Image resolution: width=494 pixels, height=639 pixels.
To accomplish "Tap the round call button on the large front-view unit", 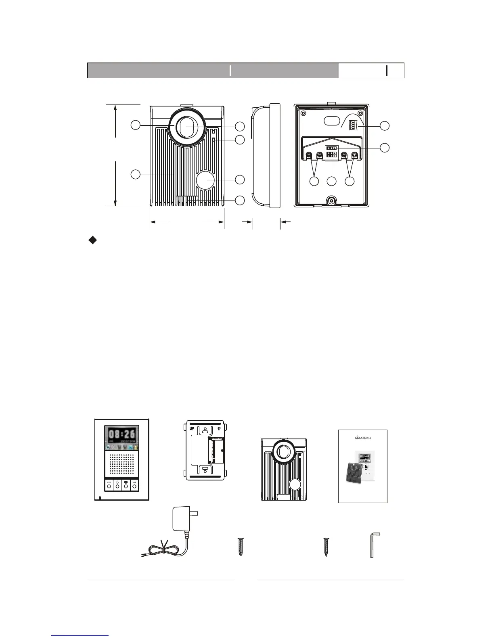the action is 205,180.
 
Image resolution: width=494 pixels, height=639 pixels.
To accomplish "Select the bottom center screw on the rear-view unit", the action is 331,201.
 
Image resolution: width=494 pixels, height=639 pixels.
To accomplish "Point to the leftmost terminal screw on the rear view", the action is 309,155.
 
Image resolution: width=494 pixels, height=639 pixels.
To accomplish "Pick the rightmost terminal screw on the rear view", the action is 355,155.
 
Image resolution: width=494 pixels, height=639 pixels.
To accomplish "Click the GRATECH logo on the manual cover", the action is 362,438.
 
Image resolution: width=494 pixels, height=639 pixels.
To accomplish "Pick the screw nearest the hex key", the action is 326,547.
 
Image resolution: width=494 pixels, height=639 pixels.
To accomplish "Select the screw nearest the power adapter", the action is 241,547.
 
